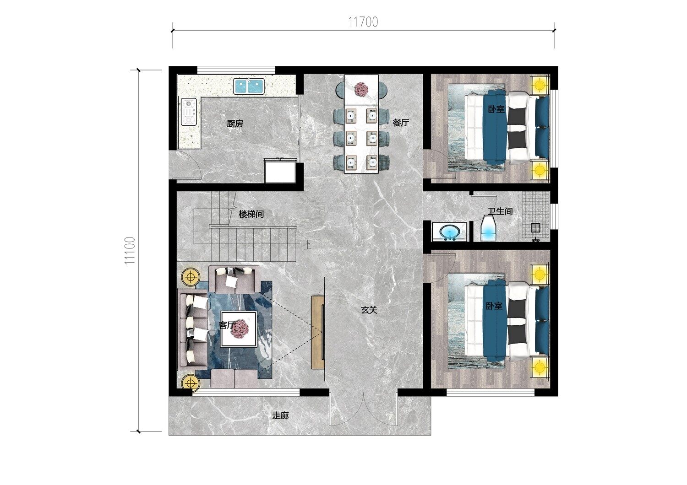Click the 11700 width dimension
coord(363,22)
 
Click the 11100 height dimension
coord(130,250)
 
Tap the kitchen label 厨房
coord(235,124)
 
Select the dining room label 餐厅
coord(401,123)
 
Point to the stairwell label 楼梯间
coord(251,214)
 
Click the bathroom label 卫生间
coord(500,211)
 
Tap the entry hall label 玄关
coord(369,310)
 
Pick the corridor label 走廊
coord(281,416)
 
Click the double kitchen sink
coord(249,86)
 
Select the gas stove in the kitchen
coord(188,112)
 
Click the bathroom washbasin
coord(449,232)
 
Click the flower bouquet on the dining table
coord(362,89)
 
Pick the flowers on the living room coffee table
coord(240,329)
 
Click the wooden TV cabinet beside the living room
coord(318,333)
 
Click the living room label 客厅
coord(227,325)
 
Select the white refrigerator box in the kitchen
coord(280,172)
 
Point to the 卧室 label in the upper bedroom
coord(496,109)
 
